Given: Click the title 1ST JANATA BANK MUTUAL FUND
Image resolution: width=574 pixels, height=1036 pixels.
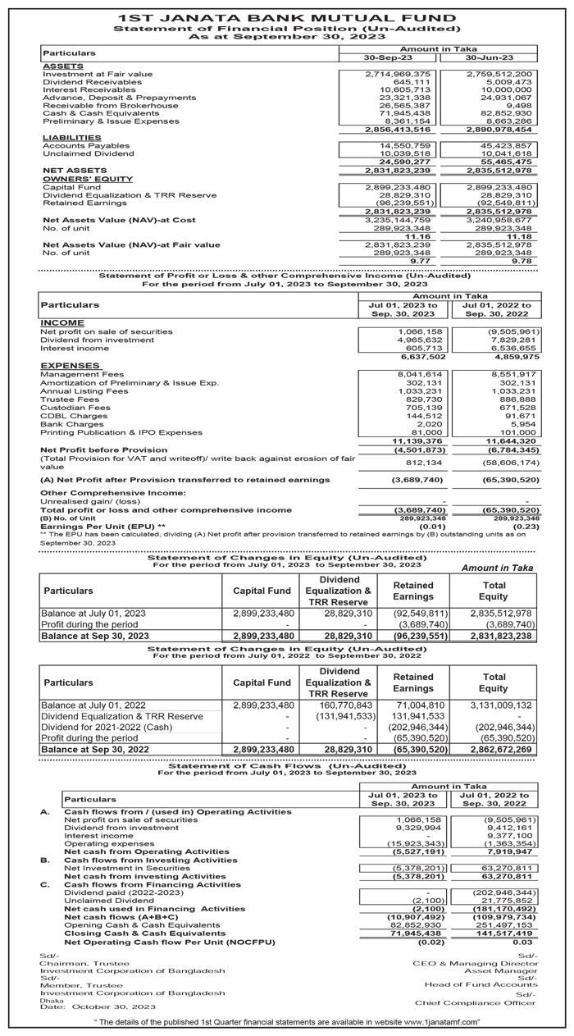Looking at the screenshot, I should tap(286, 17).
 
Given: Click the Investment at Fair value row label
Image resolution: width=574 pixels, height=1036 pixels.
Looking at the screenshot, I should tap(97, 75).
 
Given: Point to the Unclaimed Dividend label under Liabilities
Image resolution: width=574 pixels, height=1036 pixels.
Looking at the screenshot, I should tap(88, 153).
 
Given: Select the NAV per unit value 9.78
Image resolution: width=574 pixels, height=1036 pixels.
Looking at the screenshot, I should tap(519, 261).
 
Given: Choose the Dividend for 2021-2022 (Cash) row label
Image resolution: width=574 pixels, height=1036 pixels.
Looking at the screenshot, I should tap(105, 727).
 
